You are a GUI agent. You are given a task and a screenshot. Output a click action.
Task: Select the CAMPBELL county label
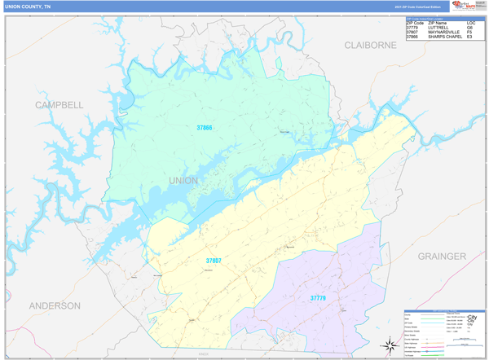[59, 105]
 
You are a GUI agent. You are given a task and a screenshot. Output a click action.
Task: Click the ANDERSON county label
[55, 305]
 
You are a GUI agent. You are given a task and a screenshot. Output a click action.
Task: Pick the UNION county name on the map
[183, 180]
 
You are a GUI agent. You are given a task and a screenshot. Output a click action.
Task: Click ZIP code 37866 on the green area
[204, 128]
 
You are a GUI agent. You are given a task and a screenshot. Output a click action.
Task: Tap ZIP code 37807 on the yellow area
[214, 261]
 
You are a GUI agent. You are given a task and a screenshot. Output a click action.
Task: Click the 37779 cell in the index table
[413, 27]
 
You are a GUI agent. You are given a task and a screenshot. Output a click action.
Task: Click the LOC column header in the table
[471, 22]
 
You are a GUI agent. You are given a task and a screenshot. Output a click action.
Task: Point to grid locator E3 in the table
[470, 37]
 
